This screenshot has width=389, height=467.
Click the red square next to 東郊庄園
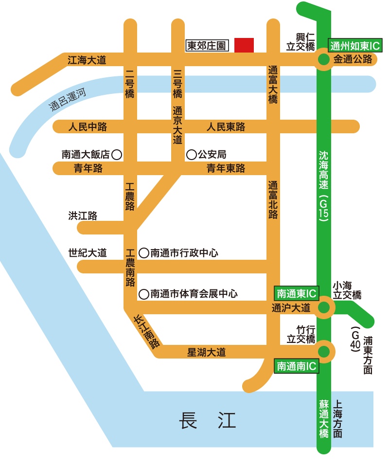point(244,45)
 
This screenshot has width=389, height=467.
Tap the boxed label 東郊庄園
point(207,46)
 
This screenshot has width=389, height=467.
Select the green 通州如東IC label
point(355,46)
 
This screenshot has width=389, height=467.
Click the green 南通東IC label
point(297,294)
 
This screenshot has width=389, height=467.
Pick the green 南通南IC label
point(297,366)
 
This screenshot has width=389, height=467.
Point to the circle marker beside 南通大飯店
point(117,155)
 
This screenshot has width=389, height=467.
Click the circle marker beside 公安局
point(192,155)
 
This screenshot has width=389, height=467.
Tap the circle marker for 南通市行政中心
point(144,253)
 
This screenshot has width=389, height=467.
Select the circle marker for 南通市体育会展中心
point(144,294)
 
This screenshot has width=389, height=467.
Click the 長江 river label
point(208,421)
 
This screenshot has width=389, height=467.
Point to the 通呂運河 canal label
point(68,100)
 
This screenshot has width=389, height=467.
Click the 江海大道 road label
point(87,60)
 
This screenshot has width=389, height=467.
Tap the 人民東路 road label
point(226,127)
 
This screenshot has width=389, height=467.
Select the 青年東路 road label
point(226,168)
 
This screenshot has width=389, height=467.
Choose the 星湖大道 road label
point(207,352)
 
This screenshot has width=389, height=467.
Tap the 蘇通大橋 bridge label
point(324,419)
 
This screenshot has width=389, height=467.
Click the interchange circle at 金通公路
point(323,60)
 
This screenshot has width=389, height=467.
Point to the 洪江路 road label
point(83,216)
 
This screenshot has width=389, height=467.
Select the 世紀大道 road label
point(88,253)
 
